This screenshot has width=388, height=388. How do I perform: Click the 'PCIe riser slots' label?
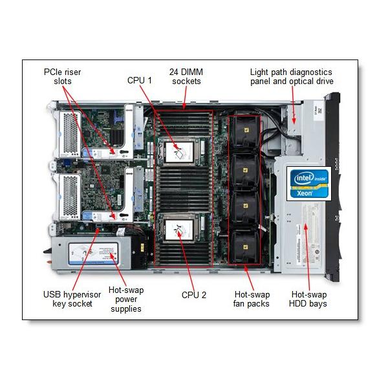coord(63,76)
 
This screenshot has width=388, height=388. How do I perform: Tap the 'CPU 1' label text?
coord(140,80)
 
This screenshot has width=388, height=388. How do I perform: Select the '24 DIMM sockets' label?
coord(185,76)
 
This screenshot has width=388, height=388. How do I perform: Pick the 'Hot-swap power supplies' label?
coord(125,299)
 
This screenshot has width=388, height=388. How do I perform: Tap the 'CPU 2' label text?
coord(194,295)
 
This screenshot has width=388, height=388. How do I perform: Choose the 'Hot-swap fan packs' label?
coord(252,299)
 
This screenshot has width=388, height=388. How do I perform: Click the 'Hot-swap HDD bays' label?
coord(308,299)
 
